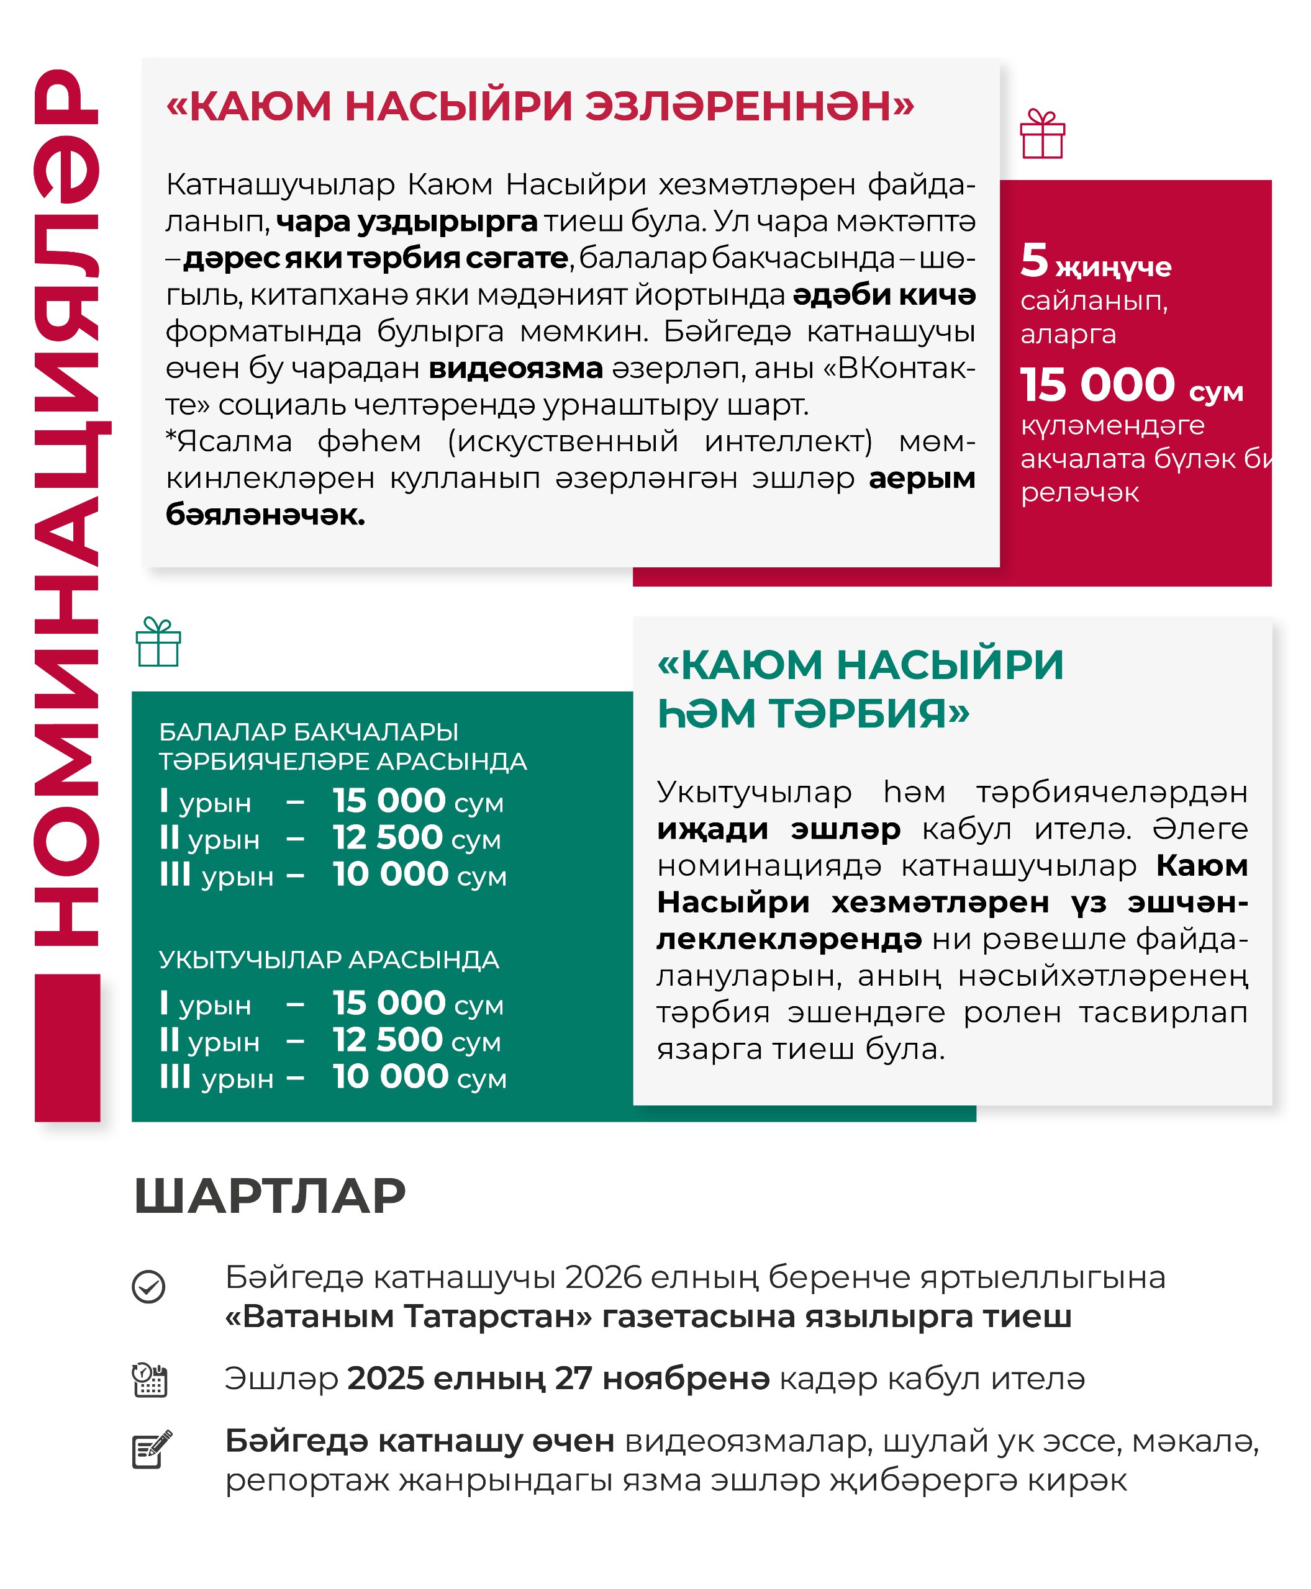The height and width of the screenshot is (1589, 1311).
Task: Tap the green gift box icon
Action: coord(158,642)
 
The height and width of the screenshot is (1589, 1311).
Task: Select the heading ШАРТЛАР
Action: coord(270,1197)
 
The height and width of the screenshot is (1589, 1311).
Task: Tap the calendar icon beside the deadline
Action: coord(150,1380)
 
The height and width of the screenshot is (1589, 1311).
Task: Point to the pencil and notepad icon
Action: coord(152,1449)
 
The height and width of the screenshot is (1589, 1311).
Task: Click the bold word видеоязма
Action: coord(516,368)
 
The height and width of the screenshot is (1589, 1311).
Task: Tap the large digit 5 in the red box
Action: coord(1034,261)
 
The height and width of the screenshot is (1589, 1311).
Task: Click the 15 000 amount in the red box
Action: coord(1097,385)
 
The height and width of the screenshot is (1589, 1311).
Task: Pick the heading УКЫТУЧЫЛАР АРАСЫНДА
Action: coord(329,960)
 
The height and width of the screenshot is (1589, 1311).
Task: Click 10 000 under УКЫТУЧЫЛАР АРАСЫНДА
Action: coord(391,1076)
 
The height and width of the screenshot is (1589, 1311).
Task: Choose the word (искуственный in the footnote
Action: coord(563,441)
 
